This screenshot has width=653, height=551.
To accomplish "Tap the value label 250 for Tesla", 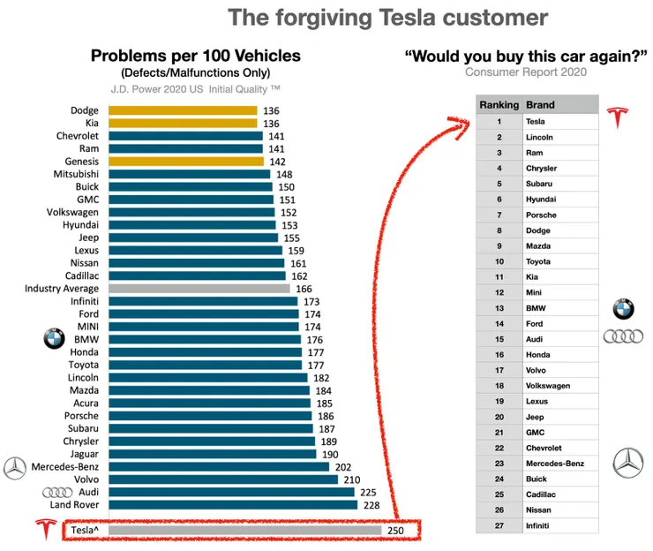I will click(x=395, y=530).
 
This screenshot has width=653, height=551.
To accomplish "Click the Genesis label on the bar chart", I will click(x=81, y=162).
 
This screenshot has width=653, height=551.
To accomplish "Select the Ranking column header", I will click(x=499, y=105).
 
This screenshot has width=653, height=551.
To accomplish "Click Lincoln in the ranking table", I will click(x=538, y=137).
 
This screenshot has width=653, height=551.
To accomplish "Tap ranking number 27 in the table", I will click(x=499, y=525).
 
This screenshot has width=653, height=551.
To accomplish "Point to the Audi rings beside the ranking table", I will click(x=623, y=336).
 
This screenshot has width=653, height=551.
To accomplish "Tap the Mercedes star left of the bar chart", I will click(x=15, y=467).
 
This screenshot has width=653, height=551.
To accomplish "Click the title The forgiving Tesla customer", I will click(x=387, y=18).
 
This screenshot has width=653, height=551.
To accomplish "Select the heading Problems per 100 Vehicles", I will click(x=195, y=57).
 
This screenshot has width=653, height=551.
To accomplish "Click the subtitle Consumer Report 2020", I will click(x=526, y=72).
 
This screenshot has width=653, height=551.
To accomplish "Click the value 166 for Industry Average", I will click(x=304, y=289).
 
